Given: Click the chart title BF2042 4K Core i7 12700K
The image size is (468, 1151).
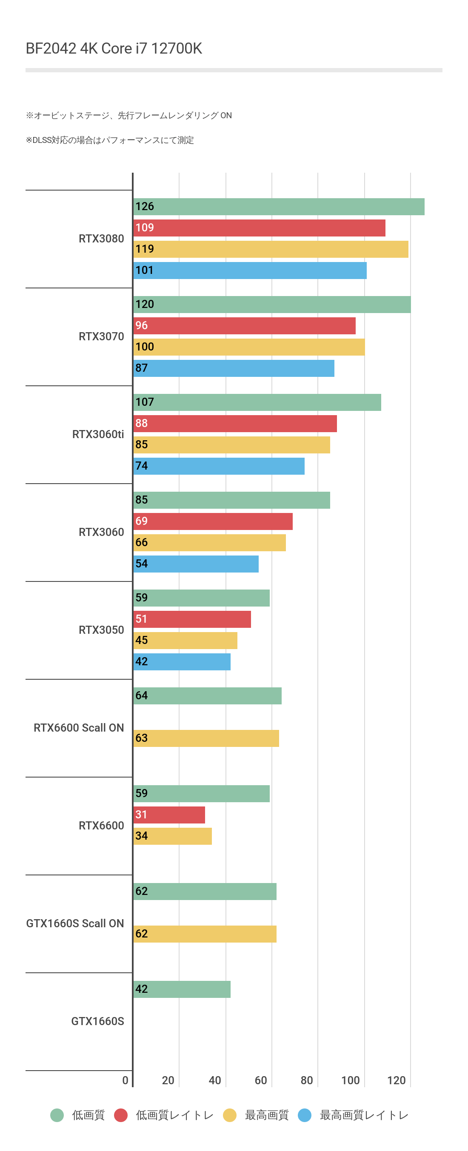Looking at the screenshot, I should (x=114, y=48).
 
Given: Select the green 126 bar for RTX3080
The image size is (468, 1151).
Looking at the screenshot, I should (x=279, y=207).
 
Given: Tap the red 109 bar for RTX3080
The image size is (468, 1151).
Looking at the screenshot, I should (x=259, y=228).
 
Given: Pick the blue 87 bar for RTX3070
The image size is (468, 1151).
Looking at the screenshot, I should (x=233, y=368).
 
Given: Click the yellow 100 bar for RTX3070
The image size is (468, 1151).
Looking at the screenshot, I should (x=248, y=347).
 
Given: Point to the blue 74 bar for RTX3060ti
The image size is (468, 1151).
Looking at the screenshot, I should (x=219, y=466).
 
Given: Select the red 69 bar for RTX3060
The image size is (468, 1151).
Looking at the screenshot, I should (x=213, y=521).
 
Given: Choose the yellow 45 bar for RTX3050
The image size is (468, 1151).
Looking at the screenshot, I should (x=185, y=640).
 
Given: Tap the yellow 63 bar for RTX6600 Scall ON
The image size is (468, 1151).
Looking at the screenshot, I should (x=206, y=738).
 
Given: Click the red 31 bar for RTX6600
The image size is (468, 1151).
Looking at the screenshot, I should (x=169, y=815).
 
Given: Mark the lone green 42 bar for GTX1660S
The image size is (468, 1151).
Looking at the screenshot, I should (x=182, y=989).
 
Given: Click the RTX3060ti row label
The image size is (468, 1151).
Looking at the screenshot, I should (x=98, y=434).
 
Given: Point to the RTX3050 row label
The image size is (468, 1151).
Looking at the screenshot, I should (x=101, y=630).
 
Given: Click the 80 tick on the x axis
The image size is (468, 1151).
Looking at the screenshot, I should (x=307, y=1080).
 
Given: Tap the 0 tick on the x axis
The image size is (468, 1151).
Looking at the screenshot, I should (x=125, y=1080).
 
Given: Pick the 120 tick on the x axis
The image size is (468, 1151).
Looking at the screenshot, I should (x=396, y=1080).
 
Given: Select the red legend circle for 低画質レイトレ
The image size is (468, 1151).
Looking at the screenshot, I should (x=121, y=1115).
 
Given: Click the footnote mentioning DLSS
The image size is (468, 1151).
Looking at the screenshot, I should (x=109, y=140).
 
